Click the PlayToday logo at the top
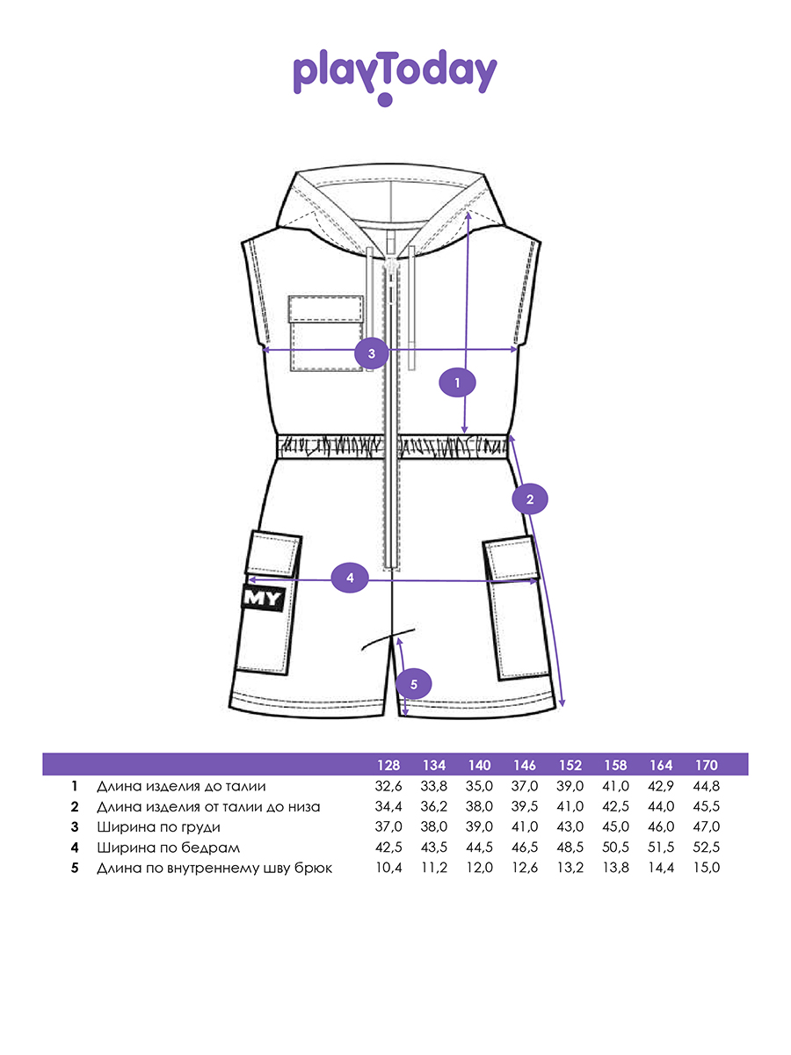click(x=395, y=76)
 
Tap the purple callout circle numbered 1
click(x=457, y=382)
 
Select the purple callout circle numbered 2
click(x=530, y=499)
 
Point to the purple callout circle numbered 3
click(x=372, y=353)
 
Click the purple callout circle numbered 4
click(x=350, y=578)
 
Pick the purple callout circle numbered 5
click(x=415, y=683)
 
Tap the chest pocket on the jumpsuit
click(x=326, y=333)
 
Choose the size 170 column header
click(x=706, y=764)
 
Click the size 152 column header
click(x=570, y=764)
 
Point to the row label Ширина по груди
click(x=158, y=827)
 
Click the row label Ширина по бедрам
click(x=168, y=848)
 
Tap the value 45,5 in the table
click(x=706, y=807)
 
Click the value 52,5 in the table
click(x=706, y=848)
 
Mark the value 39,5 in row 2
click(x=525, y=807)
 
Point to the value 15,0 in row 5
click(x=706, y=869)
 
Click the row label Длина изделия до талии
click(x=180, y=786)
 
